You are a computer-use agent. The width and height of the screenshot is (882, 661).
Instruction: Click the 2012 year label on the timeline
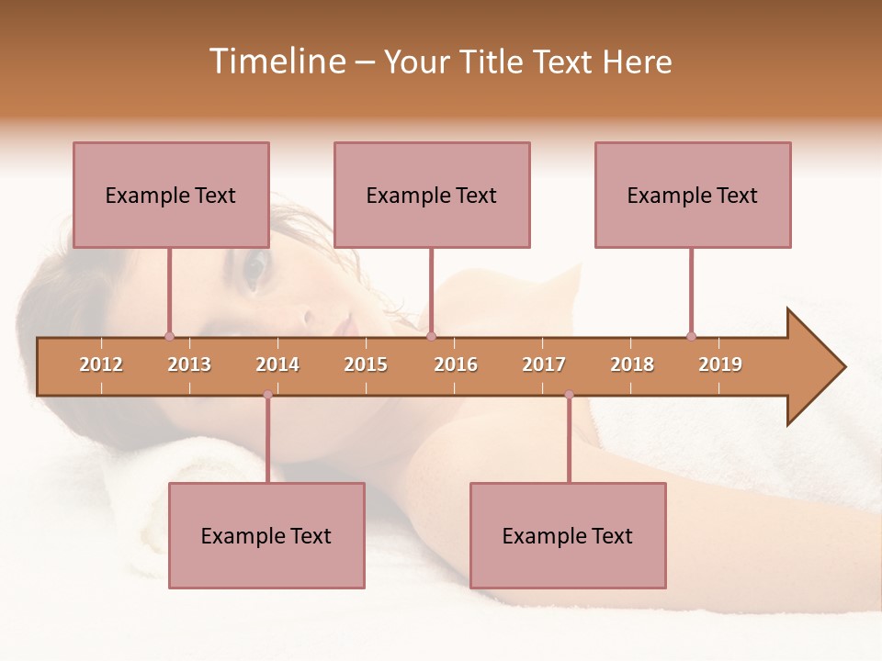point(101,364)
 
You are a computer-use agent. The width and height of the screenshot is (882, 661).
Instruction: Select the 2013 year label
point(189,364)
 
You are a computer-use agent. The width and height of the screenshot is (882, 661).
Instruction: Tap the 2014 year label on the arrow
point(277,364)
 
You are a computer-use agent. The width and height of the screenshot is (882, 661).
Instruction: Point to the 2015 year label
point(366,364)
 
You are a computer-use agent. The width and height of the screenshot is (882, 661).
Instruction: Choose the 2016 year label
point(456,364)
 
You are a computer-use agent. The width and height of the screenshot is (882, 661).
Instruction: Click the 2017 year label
point(544,364)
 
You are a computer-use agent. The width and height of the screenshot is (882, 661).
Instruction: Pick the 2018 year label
point(632,364)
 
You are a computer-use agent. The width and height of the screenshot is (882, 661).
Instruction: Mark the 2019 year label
point(720,364)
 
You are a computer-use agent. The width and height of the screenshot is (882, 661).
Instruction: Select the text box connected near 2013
point(171,195)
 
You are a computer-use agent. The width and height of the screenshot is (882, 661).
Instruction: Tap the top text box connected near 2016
point(432,195)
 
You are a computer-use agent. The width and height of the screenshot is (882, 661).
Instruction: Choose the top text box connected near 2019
point(693,195)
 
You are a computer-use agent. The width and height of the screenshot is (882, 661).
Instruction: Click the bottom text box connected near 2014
point(266,535)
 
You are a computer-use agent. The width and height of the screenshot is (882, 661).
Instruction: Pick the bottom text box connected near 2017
point(568,535)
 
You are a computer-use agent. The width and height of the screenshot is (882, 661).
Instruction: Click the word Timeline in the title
point(276,62)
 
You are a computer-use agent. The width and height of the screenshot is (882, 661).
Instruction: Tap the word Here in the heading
point(637,62)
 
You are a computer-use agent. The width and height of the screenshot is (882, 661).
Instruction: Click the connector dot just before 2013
point(169,336)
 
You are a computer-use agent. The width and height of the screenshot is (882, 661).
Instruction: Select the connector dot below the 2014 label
point(267,395)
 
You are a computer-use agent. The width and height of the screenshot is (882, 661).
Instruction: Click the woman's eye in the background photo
point(254,267)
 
